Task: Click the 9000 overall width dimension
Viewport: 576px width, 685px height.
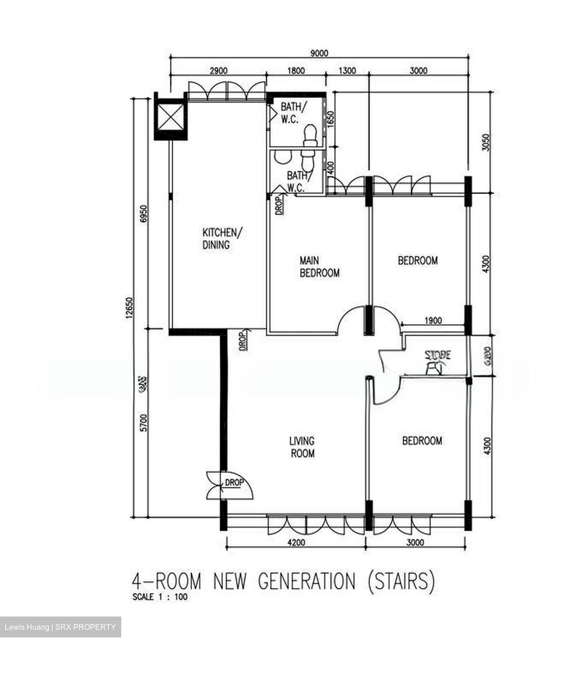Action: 319,53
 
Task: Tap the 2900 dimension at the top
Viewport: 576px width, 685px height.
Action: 218,71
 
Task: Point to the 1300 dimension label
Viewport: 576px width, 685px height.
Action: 347,71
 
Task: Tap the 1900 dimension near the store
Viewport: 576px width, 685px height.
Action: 433,321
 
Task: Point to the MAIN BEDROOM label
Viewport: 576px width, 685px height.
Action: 319,267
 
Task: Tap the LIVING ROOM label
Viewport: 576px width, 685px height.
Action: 302,447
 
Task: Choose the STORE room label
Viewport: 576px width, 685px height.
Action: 438,355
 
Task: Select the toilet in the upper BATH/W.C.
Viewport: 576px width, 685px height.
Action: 310,134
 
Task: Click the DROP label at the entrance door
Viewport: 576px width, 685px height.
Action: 234,482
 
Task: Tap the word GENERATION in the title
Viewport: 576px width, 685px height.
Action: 306,581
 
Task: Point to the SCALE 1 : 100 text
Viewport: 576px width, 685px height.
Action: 159,597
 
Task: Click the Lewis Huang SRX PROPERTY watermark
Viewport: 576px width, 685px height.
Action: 60,627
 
